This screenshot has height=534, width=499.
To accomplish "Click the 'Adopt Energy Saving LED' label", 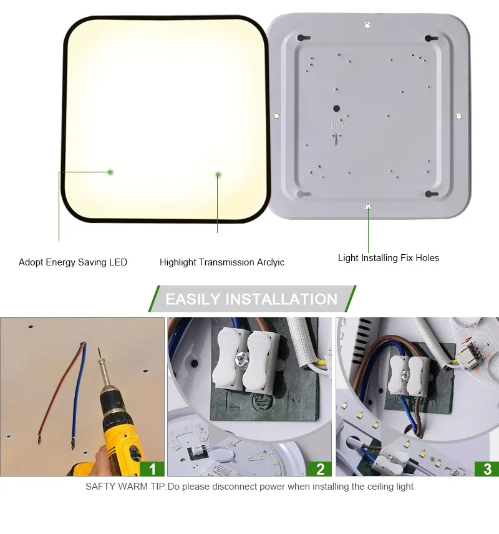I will tap(73, 262).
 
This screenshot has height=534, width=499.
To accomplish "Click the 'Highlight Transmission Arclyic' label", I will tap(221, 262).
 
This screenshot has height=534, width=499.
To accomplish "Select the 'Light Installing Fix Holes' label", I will tap(388, 258).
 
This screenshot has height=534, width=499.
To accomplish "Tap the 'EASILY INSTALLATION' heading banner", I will tap(251, 299).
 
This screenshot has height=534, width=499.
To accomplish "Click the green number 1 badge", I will tap(152, 468).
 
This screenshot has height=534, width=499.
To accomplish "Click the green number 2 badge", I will tap(320, 468).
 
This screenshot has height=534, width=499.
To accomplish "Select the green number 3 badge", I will tap(487, 468).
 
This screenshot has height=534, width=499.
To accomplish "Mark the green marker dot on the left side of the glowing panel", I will tap(110, 172).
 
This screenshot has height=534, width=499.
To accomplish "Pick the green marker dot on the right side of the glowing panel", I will tap(218, 175).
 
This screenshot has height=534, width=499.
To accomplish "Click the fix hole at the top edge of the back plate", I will tap(367, 25).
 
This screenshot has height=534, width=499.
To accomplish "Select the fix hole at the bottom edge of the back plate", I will tap(368, 207).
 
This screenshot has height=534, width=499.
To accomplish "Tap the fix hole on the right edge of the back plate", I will tap(458, 116).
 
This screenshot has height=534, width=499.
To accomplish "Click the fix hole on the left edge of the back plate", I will tap(276, 116).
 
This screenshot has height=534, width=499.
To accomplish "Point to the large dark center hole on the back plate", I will tap(337, 107).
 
